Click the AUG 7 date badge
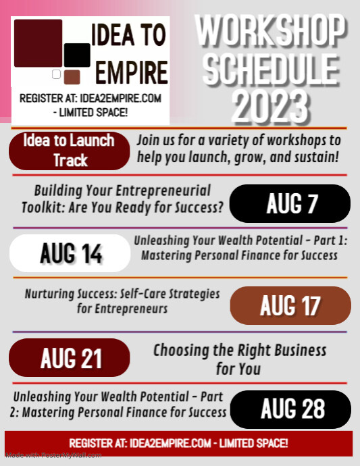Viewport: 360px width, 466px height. (290, 203)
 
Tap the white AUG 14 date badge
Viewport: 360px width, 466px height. (70, 253)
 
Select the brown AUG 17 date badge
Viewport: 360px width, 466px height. (290, 305)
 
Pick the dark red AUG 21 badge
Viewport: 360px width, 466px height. (70, 358)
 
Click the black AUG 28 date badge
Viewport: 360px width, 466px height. (290, 409)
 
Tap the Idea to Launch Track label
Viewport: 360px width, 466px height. (70, 151)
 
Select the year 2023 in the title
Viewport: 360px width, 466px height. (270, 105)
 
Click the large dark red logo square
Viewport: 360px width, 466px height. (38, 43)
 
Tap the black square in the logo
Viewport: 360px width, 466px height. (77, 55)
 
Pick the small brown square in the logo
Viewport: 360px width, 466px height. (72, 76)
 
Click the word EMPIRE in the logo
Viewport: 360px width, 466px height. (131, 72)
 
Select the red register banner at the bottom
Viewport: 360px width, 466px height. (179, 443)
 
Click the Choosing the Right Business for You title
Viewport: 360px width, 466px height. (239, 359)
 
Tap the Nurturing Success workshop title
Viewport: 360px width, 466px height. (122, 301)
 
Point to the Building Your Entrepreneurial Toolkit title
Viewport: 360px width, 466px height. (122, 199)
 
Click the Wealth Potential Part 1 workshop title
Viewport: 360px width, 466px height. (240, 247)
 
